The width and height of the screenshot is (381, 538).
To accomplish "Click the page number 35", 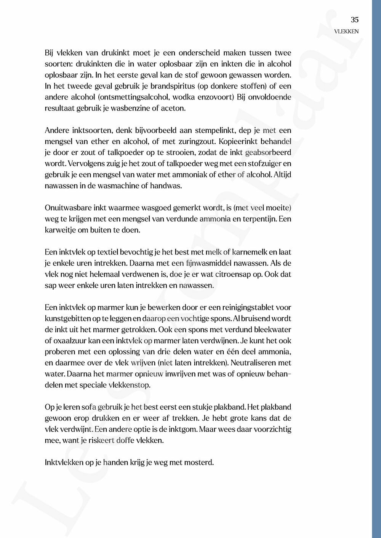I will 354,20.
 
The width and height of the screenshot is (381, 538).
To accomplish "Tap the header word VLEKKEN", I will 346,32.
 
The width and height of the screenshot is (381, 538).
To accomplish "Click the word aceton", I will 174,108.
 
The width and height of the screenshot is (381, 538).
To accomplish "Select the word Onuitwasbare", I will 68,208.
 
